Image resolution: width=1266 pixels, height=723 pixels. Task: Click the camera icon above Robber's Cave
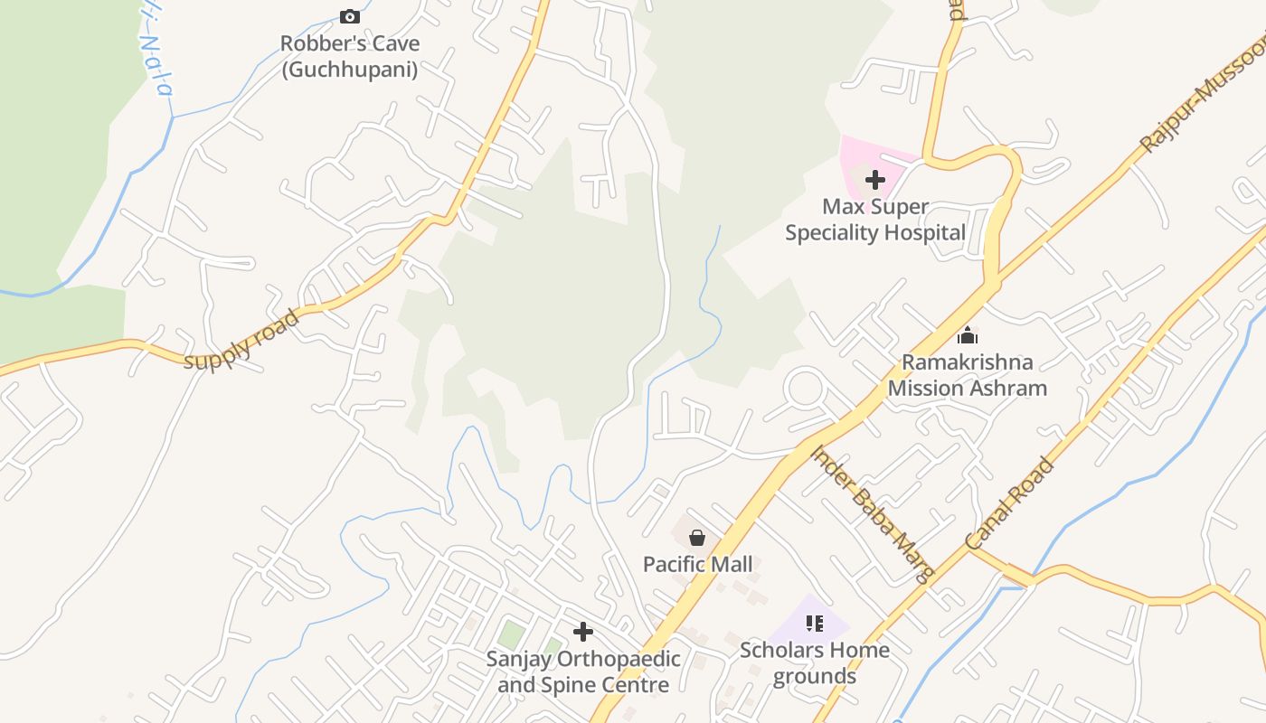(x=349, y=16)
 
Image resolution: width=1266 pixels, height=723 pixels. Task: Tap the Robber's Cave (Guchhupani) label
(x=349, y=56)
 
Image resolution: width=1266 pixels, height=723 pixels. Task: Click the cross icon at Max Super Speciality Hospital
(x=874, y=180)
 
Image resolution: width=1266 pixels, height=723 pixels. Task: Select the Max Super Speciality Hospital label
(x=874, y=220)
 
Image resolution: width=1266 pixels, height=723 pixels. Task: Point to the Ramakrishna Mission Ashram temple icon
(x=967, y=335)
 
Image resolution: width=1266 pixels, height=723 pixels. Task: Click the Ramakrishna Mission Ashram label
(x=967, y=375)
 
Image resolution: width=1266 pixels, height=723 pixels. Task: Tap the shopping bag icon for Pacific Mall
(x=697, y=538)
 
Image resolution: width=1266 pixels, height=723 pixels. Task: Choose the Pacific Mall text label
(x=697, y=565)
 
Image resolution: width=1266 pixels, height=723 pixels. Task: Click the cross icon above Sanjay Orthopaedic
(x=583, y=631)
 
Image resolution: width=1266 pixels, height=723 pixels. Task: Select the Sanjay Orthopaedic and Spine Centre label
(x=583, y=671)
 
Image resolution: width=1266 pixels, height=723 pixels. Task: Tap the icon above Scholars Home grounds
(x=815, y=623)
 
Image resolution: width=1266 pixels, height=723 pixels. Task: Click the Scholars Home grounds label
(x=815, y=662)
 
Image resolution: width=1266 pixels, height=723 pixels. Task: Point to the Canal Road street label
(x=1009, y=504)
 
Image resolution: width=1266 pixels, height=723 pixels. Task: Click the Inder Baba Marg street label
(x=872, y=513)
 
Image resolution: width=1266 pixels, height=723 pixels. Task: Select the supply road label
(x=241, y=340)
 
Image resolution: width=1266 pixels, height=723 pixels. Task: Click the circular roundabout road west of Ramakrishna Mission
(x=805, y=389)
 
